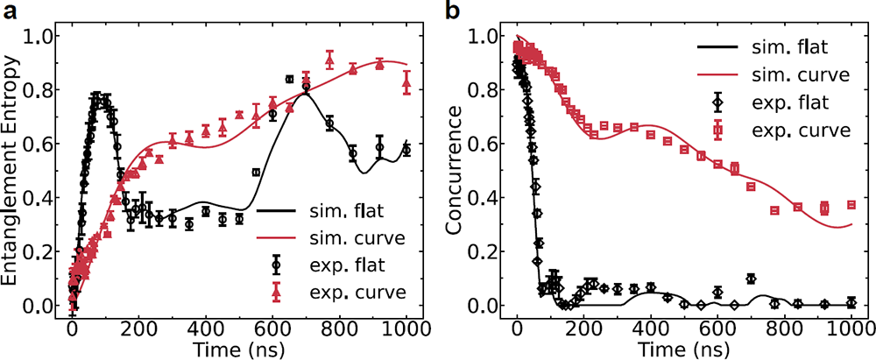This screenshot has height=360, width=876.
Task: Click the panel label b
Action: tap(453, 11)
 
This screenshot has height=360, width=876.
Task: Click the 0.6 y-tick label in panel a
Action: tap(38, 144)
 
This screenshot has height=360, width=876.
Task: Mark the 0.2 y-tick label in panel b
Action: tap(484, 251)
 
